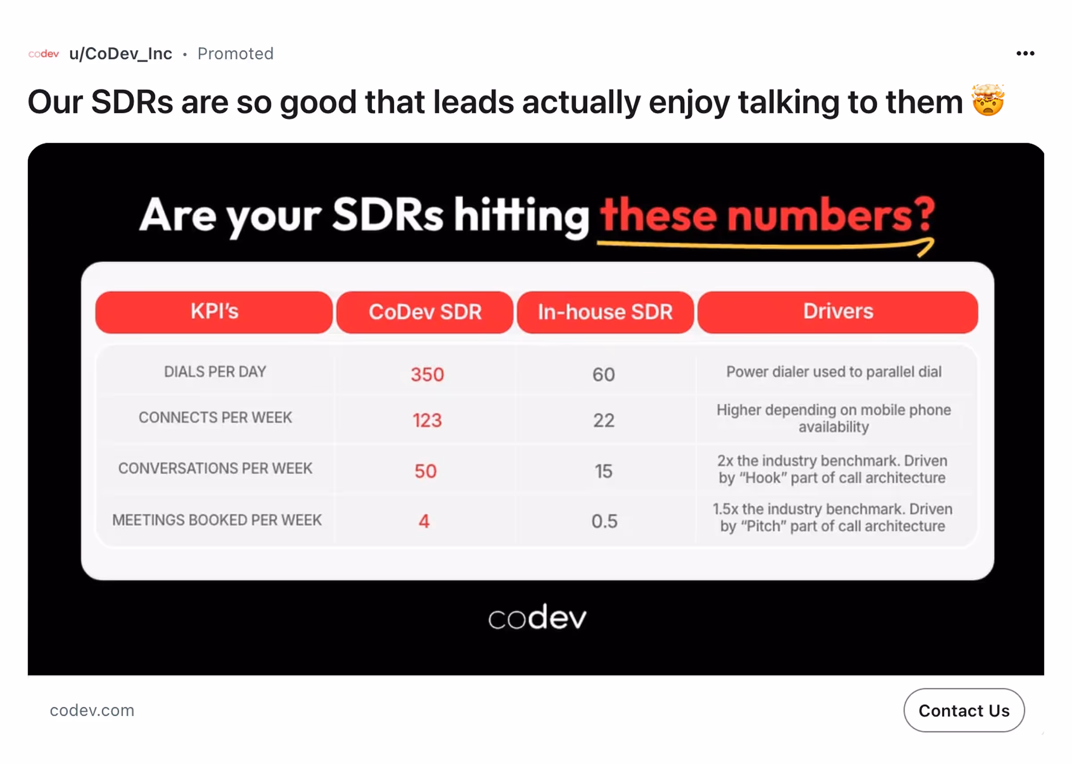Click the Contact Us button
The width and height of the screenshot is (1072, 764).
(x=963, y=710)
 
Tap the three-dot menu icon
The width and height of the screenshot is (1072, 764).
(x=1025, y=54)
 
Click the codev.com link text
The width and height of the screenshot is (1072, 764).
(x=92, y=710)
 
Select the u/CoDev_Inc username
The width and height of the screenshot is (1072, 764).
(x=120, y=54)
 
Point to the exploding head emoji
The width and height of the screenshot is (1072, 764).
(x=988, y=100)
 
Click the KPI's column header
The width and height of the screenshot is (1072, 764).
(x=214, y=312)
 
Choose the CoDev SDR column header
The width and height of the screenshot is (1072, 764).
(x=425, y=312)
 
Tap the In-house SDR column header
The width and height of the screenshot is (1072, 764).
(x=605, y=312)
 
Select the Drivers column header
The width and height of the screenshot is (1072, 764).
(x=838, y=312)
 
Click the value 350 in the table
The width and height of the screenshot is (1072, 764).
(x=427, y=374)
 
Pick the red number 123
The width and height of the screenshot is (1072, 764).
(x=427, y=420)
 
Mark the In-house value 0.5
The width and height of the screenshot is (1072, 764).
(x=604, y=521)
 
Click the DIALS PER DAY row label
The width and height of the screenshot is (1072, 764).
(x=215, y=372)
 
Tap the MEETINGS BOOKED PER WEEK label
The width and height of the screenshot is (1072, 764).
(x=217, y=520)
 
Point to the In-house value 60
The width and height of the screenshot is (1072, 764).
(x=603, y=374)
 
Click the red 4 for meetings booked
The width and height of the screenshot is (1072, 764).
(x=424, y=521)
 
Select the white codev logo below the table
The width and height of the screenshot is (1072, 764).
(x=537, y=618)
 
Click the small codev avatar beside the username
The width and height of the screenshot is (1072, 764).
(x=44, y=54)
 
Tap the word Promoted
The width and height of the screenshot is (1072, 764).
(x=235, y=54)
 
